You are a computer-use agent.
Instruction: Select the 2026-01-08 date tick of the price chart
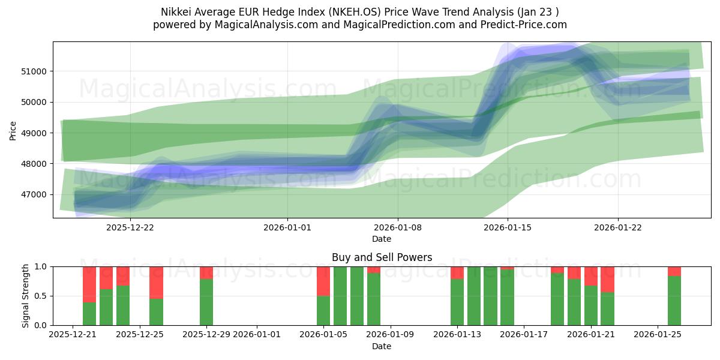tap(398, 227)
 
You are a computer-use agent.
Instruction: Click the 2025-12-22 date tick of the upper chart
tap(130, 227)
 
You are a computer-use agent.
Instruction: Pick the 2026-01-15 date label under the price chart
tap(508, 227)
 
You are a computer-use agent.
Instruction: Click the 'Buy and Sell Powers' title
tap(382, 257)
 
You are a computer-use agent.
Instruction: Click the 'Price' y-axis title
tap(14, 130)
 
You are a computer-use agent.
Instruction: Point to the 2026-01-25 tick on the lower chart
tap(658, 335)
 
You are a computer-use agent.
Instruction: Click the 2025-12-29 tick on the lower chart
tap(206, 335)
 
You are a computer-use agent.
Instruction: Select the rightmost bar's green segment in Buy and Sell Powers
tap(674, 300)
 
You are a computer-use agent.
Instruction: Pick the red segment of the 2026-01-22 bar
tap(607, 280)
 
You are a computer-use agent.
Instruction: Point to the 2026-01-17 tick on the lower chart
tap(524, 335)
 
